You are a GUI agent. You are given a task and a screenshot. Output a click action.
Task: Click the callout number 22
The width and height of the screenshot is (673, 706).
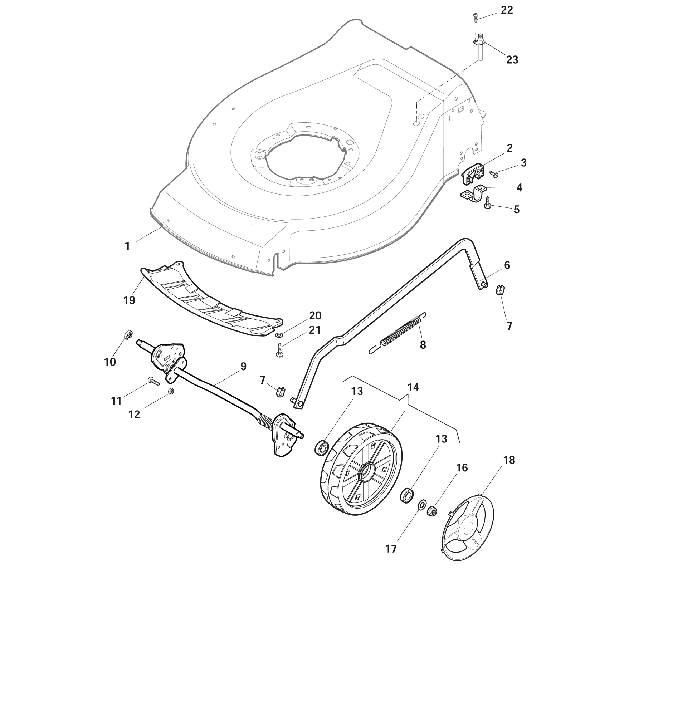[x=507, y=10]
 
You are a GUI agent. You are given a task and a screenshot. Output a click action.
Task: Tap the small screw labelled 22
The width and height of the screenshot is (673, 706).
[x=476, y=16]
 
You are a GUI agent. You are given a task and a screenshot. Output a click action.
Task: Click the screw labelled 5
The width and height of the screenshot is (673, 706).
[x=488, y=202]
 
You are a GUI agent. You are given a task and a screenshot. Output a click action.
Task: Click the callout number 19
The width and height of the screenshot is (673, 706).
[x=129, y=300]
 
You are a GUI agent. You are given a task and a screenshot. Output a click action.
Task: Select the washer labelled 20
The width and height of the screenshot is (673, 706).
[x=279, y=335]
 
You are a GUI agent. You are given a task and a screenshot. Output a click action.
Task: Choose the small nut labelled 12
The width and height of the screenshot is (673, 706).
[x=171, y=391]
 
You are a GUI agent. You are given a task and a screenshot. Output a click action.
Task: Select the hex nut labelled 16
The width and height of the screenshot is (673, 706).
[x=432, y=511]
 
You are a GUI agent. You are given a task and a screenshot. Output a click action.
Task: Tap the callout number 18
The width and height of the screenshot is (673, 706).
[x=509, y=460]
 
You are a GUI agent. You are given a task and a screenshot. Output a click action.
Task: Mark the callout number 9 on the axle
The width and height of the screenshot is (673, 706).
[x=243, y=367]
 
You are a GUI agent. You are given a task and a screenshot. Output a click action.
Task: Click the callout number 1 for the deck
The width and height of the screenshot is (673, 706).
[x=127, y=246]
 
